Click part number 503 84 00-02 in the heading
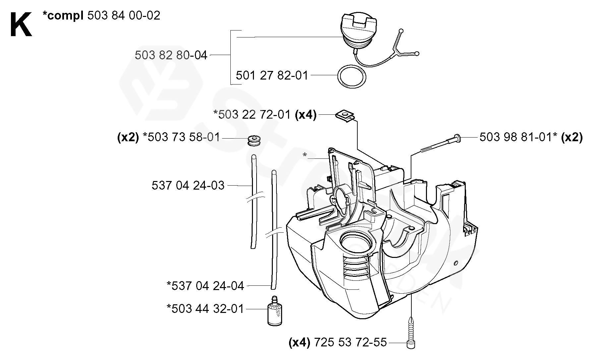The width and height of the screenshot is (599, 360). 124,15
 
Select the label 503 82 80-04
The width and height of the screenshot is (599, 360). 171,55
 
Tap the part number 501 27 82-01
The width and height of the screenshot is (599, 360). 272,75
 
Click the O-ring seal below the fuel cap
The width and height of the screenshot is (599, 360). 352,77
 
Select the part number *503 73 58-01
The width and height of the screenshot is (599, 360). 181,137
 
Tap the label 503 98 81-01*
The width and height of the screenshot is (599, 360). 518,137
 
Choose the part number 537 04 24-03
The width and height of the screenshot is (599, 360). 188,185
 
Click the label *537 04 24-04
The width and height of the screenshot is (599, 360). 206,285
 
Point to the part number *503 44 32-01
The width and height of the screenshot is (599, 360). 205,309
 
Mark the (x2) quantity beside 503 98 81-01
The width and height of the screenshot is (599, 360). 572,137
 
